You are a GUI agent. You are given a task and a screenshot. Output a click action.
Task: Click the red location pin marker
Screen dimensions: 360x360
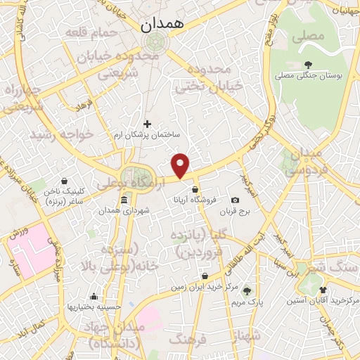pos(181,165)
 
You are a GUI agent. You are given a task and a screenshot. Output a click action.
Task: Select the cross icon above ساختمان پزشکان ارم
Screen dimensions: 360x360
pos(147,124)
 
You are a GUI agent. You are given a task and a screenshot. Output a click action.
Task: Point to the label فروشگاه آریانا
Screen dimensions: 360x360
pos(194,199)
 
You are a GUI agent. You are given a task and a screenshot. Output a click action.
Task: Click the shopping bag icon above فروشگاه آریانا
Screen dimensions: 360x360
pos(195,188)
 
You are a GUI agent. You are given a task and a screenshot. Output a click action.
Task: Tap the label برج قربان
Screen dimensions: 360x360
pos(235,211)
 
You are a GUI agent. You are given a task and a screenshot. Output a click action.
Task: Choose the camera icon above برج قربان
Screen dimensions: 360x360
pos(235,200)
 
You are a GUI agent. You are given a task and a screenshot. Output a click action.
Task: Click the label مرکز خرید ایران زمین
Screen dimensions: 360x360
pos(198,288)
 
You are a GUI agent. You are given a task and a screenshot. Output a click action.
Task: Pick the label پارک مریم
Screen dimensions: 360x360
pos(246,301)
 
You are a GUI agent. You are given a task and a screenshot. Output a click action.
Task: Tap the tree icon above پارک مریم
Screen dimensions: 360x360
pos(247,290)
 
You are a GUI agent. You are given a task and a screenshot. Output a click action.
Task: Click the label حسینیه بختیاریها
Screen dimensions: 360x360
pos(94,307)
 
